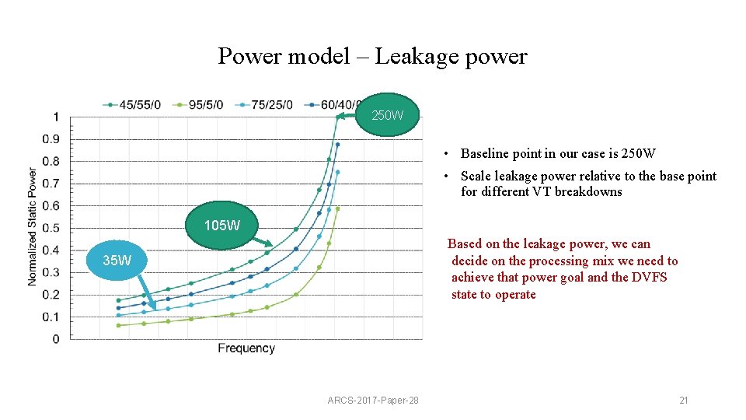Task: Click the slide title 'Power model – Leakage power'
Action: (x=372, y=56)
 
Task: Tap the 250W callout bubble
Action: (x=387, y=115)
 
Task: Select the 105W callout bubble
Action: (x=221, y=226)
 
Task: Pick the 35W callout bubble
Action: (x=117, y=261)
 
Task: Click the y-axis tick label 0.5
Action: (x=51, y=229)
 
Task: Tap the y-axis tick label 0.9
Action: (x=51, y=139)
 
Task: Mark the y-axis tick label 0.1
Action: (x=51, y=317)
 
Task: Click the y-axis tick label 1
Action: (x=55, y=117)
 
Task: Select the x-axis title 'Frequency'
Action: (x=246, y=348)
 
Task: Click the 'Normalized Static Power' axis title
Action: (x=33, y=226)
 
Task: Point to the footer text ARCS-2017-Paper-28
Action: (x=373, y=401)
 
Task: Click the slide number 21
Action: (x=684, y=401)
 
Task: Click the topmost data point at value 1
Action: (x=338, y=117)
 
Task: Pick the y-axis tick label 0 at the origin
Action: (x=55, y=339)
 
